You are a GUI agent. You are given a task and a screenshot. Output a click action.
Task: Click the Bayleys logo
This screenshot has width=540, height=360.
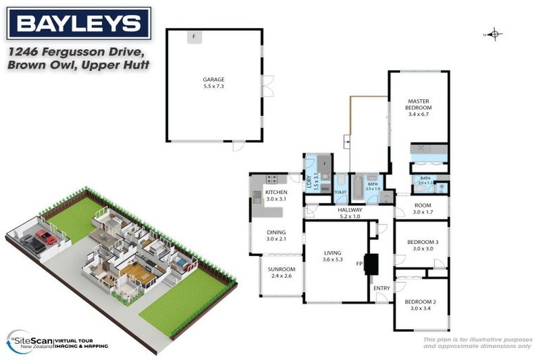[79, 23]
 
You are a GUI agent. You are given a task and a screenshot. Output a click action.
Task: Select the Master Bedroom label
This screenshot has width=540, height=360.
[418, 108]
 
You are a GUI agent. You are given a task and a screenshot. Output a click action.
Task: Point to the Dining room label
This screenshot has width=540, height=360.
[276, 236]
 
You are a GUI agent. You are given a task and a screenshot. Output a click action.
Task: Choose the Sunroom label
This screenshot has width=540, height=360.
[281, 272]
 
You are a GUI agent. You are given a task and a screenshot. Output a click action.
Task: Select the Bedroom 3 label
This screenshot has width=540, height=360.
[423, 245]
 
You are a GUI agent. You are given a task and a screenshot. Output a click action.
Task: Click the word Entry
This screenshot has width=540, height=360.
[381, 288]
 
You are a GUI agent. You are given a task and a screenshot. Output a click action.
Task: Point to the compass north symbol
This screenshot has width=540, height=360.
[494, 34]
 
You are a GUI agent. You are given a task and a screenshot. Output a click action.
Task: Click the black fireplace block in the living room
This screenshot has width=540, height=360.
[371, 263]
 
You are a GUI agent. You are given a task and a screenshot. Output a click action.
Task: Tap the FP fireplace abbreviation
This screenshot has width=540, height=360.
[359, 264]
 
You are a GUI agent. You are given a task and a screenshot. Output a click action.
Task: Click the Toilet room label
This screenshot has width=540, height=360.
[340, 192]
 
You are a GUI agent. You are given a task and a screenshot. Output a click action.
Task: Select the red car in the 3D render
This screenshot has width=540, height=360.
[46, 237]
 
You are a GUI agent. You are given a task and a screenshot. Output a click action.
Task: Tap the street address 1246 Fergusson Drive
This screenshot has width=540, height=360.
[77, 53]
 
